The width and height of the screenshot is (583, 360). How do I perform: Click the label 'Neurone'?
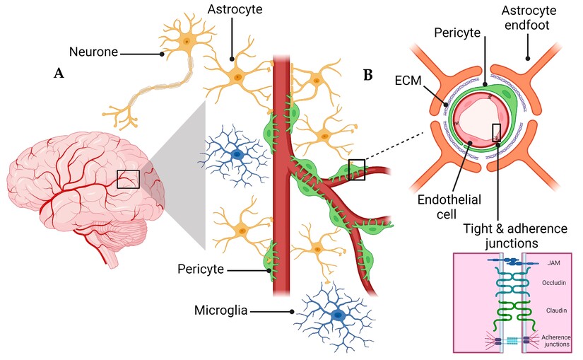93,51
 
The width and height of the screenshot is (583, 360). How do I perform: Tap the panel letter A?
59,73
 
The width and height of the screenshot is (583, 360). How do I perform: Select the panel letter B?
367,73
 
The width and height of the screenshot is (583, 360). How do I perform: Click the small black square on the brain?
128,179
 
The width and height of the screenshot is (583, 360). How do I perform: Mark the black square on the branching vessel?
357,170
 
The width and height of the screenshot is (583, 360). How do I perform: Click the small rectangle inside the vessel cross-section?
496,132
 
